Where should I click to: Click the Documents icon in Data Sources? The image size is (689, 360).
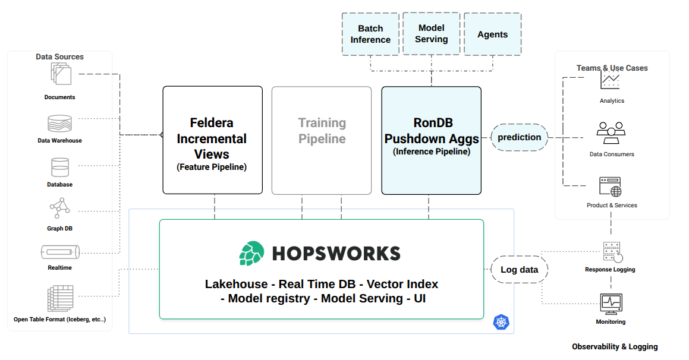tap(61, 75)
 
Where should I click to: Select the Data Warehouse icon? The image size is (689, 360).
tap(59, 124)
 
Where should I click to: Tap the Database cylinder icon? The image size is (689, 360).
tap(60, 168)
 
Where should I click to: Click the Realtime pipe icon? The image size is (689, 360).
tap(60, 252)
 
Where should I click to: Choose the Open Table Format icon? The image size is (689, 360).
tap(59, 299)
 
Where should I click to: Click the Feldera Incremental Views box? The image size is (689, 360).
tap(212, 140)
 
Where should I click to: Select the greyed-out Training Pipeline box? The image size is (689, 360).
tap(322, 140)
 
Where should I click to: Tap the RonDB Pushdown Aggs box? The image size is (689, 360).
tap(431, 140)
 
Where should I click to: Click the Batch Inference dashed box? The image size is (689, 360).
tap(370, 34)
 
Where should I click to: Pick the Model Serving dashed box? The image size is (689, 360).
tap(432, 34)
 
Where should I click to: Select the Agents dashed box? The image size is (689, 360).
tap(492, 34)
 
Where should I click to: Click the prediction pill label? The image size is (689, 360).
tap(519, 137)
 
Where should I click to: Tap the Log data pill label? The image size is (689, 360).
tap(519, 270)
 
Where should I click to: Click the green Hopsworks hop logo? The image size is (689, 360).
tap(251, 254)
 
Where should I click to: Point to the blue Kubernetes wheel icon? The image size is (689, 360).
tap(501, 323)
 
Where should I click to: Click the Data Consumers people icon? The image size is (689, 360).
tap(611, 132)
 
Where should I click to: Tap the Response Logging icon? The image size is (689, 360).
tap(612, 252)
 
